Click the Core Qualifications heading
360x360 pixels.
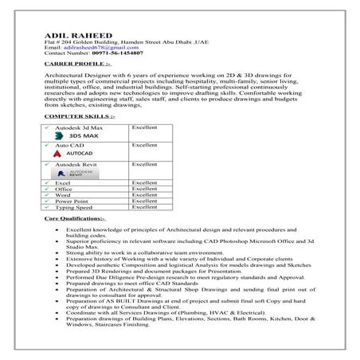(x=75, y=217)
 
